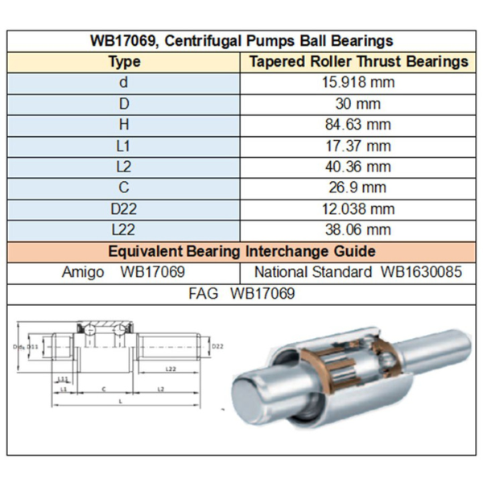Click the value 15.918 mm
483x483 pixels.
pyautogui.click(x=359, y=82)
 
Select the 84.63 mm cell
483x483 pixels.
pyautogui.click(x=359, y=124)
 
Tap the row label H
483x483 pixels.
pyautogui.click(x=124, y=124)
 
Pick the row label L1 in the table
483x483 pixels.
pyautogui.click(x=124, y=146)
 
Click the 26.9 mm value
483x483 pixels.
pyautogui.click(x=359, y=188)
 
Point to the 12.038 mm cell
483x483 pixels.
pyautogui.click(x=359, y=208)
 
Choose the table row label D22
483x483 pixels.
pyautogui.click(x=124, y=208)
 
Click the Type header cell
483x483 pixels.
pyautogui.click(x=124, y=61)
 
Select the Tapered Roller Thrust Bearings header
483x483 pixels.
pyautogui.click(x=359, y=61)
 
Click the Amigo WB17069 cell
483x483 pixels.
pyautogui.click(x=124, y=272)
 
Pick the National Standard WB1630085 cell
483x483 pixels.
pyautogui.click(x=359, y=272)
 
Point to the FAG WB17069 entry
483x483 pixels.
pyautogui.click(x=242, y=294)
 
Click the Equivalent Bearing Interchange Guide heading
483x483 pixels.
pyautogui.click(x=242, y=250)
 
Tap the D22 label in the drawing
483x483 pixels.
pyautogui.click(x=217, y=346)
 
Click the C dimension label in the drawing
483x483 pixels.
pyautogui.click(x=104, y=388)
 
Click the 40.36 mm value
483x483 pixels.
pyautogui.click(x=359, y=167)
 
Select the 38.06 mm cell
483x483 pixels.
pyautogui.click(x=359, y=229)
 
